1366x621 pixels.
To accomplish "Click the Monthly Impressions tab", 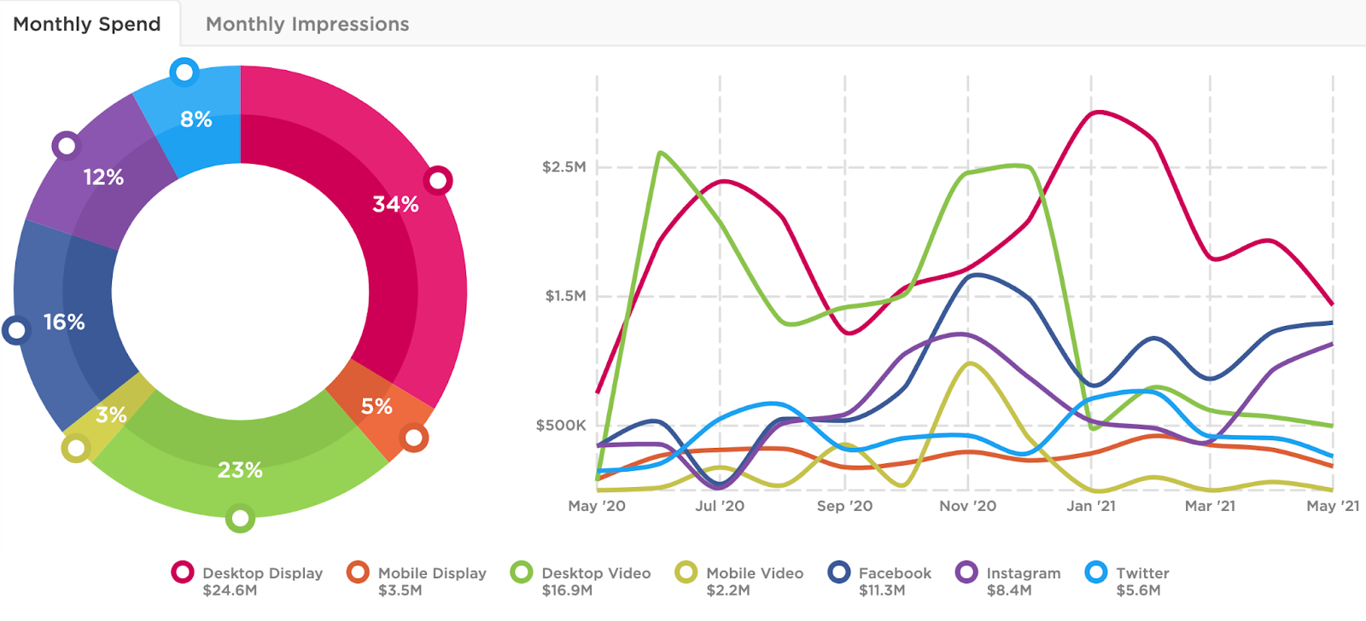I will (x=307, y=24).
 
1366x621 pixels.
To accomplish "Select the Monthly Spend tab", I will (x=87, y=24).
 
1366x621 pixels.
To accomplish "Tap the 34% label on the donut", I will (x=395, y=204).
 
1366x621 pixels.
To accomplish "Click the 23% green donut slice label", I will (x=240, y=470).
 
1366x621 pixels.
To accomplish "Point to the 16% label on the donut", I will (x=64, y=322).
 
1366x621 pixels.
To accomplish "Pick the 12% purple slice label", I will (x=103, y=177).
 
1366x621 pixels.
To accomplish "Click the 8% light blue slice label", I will (x=196, y=119).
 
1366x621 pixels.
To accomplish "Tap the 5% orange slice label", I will (x=377, y=406).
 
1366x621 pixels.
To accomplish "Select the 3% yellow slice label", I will (x=111, y=415).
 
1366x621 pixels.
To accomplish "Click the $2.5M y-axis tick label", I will (x=564, y=166).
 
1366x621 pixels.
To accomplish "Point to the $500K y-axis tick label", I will (x=561, y=425).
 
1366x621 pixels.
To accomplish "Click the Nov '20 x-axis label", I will (x=967, y=506).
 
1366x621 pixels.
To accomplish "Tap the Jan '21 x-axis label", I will (x=1090, y=506).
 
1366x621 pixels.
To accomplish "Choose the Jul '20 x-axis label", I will (x=720, y=506).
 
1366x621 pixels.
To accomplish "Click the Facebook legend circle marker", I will (x=840, y=572).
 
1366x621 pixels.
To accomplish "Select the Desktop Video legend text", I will (x=596, y=573).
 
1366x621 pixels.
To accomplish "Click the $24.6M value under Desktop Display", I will (x=230, y=590).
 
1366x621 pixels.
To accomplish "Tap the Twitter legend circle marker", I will (x=1096, y=572).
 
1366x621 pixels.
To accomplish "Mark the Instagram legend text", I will (x=1023, y=573).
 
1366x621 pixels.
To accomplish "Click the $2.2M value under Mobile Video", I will (x=728, y=590).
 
